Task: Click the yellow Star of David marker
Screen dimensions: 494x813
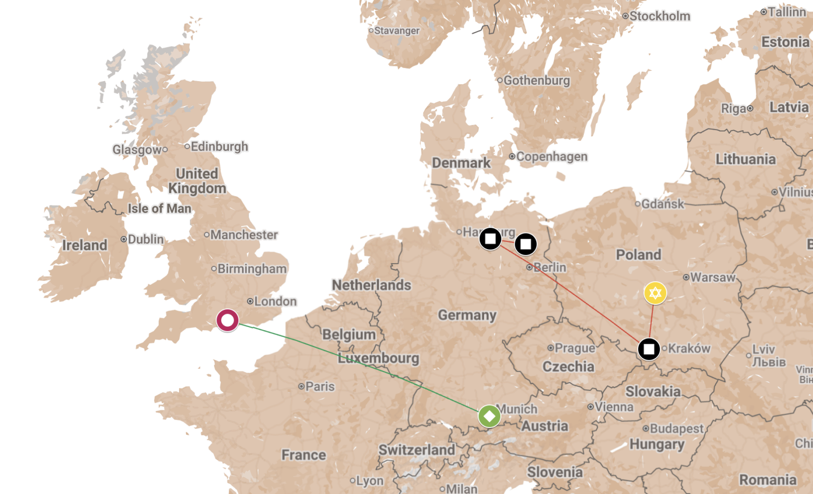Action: click(655, 293)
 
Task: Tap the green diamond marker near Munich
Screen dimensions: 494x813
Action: click(489, 416)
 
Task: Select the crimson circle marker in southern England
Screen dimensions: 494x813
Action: click(227, 320)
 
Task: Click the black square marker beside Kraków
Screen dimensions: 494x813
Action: click(649, 349)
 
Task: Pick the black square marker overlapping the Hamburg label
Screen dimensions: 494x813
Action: click(490, 239)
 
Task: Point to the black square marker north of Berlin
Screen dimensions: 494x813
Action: click(526, 244)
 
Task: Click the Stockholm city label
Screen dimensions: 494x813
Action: click(659, 16)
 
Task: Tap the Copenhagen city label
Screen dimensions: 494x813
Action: click(551, 157)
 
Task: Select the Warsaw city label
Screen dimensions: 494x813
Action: click(712, 277)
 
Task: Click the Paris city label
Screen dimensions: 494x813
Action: click(320, 386)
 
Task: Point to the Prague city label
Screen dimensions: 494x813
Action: click(574, 348)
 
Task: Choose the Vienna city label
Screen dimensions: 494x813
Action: click(614, 407)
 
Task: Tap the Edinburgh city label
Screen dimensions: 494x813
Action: click(219, 147)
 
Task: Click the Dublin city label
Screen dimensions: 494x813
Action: click(146, 239)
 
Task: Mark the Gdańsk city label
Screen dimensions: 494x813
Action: click(662, 204)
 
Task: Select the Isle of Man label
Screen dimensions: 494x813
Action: click(159, 209)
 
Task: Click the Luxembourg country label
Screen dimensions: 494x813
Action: click(378, 358)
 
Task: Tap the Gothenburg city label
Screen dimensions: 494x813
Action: click(536, 81)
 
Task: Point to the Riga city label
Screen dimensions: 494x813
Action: click(733, 109)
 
